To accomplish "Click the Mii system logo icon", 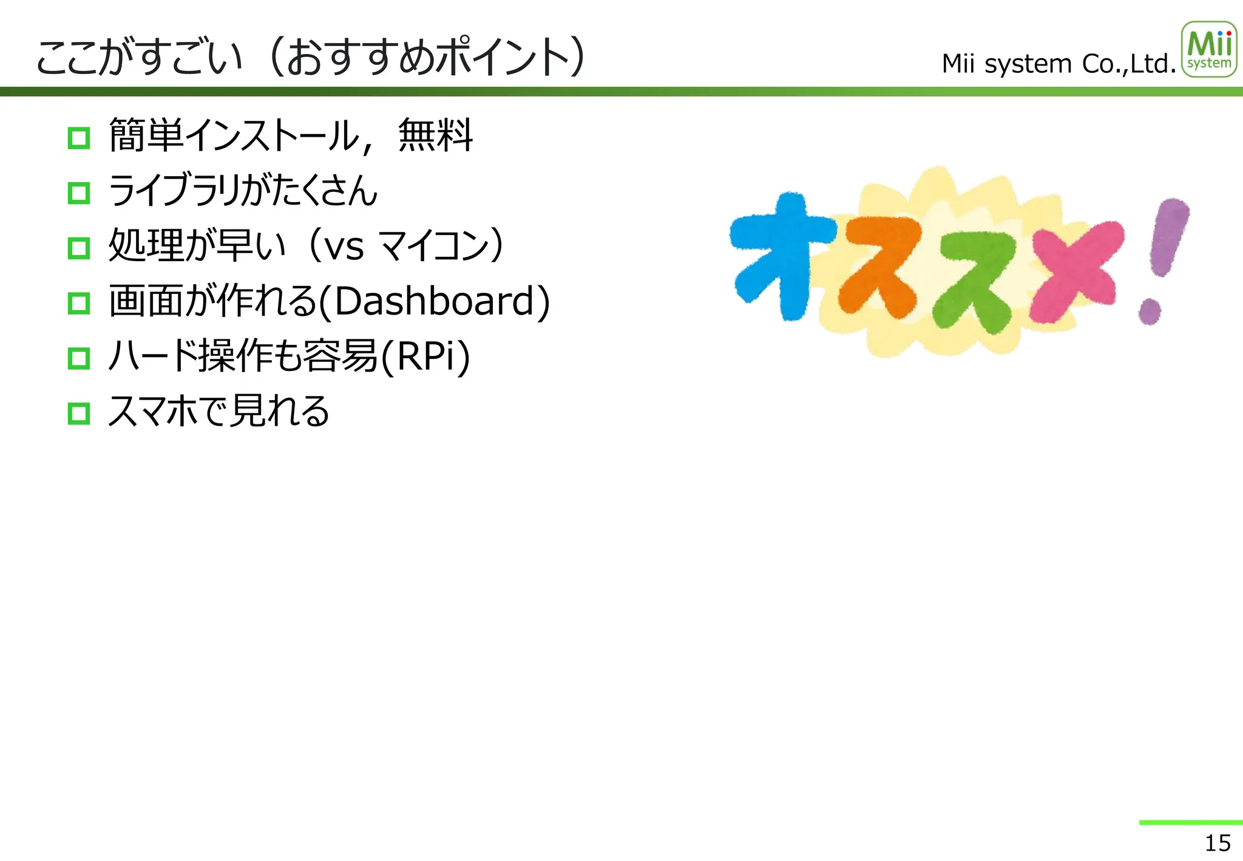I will tap(1208, 50).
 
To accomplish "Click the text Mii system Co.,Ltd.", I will tap(1058, 64).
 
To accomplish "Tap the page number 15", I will tap(1217, 843).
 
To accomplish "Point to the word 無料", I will tap(435, 135).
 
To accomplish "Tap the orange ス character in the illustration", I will tap(878, 267).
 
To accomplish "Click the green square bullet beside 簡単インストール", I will tap(79, 138).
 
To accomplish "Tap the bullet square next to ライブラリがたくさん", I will tap(79, 193).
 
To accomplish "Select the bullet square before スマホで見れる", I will tap(79, 413).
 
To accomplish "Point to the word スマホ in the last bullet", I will tap(152, 411).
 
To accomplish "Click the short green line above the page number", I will tap(1190, 822).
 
